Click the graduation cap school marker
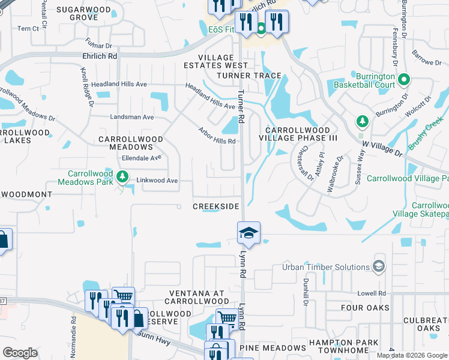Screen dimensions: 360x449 tap(249, 233)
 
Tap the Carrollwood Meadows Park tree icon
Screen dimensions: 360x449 tap(122, 176)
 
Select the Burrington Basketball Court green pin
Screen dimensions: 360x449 tap(404, 79)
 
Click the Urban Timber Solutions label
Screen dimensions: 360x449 tap(326, 267)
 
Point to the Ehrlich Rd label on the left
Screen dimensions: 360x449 tap(99, 55)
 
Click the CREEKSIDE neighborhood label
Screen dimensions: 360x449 tap(216, 206)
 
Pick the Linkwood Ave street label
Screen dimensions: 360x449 tap(157, 181)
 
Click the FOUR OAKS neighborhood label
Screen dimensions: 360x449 tap(365, 308)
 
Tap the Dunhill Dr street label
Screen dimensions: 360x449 tap(306, 295)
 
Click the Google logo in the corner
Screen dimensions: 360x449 tap(20, 352)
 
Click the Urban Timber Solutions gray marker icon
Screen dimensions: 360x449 tap(379, 266)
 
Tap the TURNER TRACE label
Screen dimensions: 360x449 tap(249, 75)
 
